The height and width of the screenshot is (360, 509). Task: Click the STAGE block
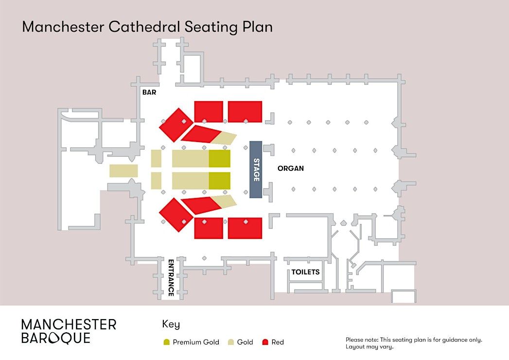[256, 169]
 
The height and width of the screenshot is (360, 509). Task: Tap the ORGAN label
[290, 169]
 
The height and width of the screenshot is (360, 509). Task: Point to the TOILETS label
[305, 272]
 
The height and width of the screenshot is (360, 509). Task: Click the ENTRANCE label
[171, 278]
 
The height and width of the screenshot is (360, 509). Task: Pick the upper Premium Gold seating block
[220, 159]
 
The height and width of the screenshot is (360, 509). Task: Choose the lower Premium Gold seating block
[220, 180]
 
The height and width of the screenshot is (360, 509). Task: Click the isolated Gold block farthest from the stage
[123, 171]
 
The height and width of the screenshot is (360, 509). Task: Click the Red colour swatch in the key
[265, 342]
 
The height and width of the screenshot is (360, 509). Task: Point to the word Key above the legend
[171, 324]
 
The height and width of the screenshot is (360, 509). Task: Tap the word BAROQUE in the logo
[55, 338]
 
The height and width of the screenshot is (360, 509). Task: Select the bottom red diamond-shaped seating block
[174, 214]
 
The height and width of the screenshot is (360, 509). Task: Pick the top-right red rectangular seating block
[245, 111]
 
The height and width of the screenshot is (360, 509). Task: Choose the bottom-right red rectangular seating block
[245, 228]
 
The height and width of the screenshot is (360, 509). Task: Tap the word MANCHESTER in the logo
[69, 324]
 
